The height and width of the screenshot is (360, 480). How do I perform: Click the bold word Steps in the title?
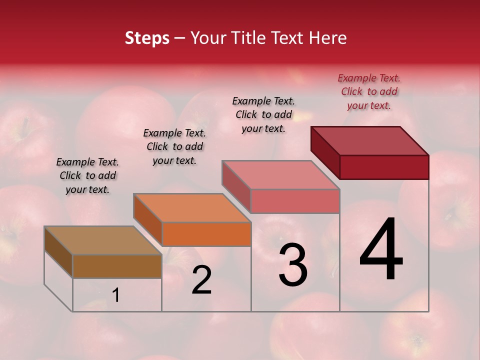pos(147,38)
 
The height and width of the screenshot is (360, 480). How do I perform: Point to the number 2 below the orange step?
pos(201,280)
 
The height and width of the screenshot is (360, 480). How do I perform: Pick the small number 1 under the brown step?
pos(116,295)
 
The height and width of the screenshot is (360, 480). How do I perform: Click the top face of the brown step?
pos(103,240)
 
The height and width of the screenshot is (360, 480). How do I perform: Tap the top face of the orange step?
pos(192,208)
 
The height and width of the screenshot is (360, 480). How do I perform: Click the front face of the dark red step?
pos(384,167)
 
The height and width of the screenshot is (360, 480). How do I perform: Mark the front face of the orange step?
pos(206,234)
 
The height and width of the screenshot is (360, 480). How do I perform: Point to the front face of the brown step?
pos(117,266)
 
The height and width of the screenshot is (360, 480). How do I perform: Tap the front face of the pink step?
pos(295,201)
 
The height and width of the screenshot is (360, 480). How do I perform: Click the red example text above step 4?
pos(369,91)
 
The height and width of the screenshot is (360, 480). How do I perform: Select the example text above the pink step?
pos(263,114)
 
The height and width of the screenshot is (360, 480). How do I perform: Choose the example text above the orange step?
pos(174,146)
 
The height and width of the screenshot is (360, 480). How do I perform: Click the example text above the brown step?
pos(87,175)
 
